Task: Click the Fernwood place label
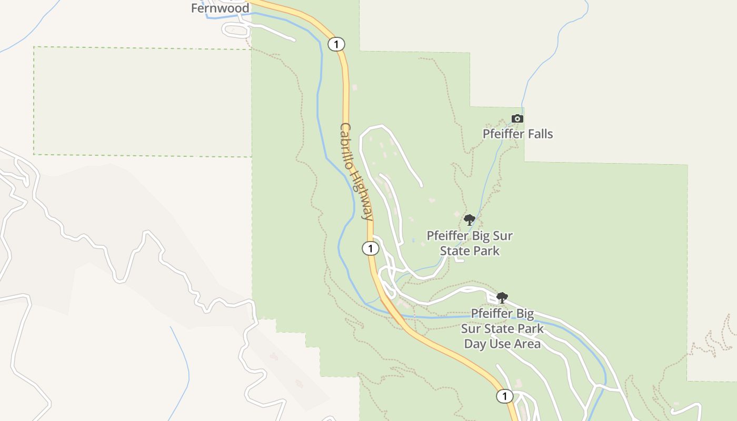[220, 8]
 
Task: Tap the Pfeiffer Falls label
[518, 134]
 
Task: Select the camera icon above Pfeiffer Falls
[517, 119]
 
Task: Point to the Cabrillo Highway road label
[357, 172]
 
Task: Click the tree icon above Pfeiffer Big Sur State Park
[470, 220]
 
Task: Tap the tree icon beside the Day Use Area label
[502, 298]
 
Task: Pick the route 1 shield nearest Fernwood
[336, 44]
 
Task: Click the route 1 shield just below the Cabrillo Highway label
[371, 248]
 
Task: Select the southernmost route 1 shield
[504, 396]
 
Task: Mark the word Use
[500, 344]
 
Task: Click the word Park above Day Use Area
[530, 329]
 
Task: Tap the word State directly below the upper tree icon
[454, 251]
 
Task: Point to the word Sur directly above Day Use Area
[472, 329]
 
